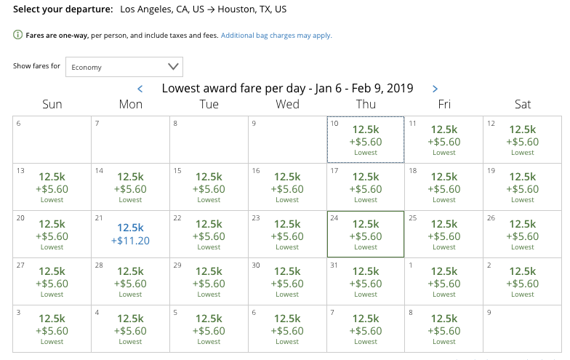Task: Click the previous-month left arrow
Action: [140, 89]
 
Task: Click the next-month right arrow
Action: [435, 89]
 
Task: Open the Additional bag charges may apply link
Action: [276, 36]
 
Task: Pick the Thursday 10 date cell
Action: [366, 140]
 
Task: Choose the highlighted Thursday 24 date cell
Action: [366, 234]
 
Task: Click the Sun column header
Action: [52, 105]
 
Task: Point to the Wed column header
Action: [287, 105]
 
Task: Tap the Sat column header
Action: [523, 105]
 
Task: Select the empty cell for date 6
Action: [52, 140]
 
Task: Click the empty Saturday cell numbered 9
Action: [523, 329]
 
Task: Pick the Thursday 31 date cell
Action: [366, 281]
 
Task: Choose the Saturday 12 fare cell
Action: [523, 140]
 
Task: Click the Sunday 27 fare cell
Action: [52, 281]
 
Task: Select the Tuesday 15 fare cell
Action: [209, 187]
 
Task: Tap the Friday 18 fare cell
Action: [444, 187]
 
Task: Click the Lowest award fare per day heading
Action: [287, 89]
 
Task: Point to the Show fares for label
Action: [36, 66]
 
